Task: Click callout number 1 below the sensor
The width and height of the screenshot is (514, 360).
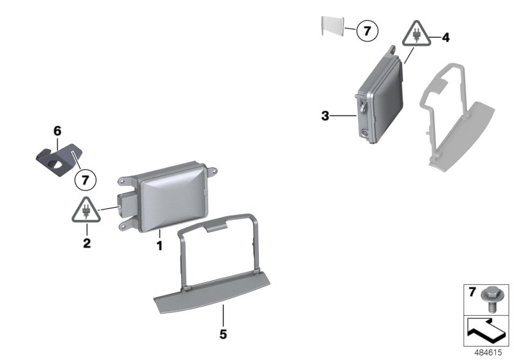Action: coord(159,246)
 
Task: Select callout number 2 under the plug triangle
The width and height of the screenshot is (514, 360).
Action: coord(87,243)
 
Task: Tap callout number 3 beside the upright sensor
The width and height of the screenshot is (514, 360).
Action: coord(325,116)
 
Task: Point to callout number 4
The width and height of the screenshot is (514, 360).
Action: coord(445,38)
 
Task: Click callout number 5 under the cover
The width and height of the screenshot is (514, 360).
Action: coord(223,334)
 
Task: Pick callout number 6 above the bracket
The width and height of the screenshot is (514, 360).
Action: coord(57,131)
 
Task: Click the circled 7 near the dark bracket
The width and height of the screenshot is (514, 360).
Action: coord(85,181)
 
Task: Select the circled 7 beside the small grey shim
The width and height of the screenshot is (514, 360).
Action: coord(367,31)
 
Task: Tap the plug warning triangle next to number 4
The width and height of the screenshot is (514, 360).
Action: coord(416,33)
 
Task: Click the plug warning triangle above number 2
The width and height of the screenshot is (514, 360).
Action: coord(86,210)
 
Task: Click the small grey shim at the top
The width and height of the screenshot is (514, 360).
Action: coord(333,26)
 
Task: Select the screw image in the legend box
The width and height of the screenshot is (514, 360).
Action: coord(489,300)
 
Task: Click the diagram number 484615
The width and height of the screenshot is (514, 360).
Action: coord(488,352)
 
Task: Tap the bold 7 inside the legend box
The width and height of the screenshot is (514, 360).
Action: coord(472,292)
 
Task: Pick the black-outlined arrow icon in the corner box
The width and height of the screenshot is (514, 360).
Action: coord(486,330)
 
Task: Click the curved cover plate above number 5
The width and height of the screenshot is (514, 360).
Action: coord(212,292)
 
